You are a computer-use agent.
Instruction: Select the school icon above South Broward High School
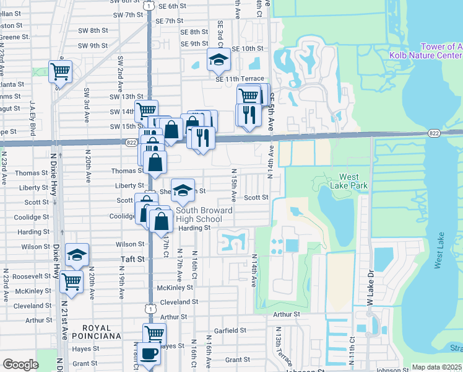coord(182,191)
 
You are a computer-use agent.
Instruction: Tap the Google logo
coord(20,365)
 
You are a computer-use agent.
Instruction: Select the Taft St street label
coord(131,259)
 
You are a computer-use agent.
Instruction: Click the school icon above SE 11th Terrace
coord(218,60)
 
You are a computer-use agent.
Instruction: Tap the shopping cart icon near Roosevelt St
coord(72,280)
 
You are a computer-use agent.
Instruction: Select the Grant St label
coord(237,360)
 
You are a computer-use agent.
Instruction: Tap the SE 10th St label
coord(248,49)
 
